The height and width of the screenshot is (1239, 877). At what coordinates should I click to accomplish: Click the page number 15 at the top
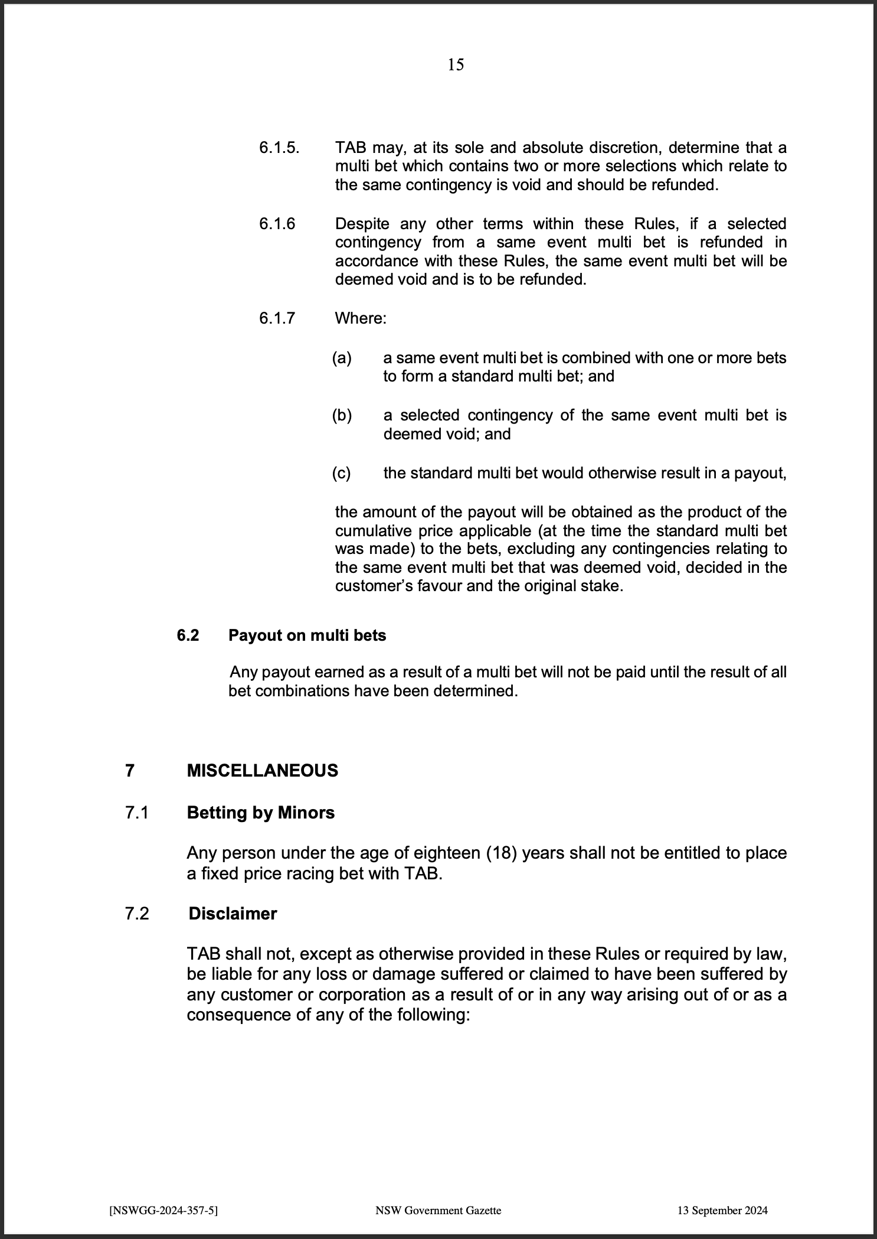pyautogui.click(x=456, y=65)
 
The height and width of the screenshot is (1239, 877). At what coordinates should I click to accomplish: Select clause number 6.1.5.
pyautogui.click(x=279, y=148)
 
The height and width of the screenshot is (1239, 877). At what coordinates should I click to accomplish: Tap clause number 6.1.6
pyautogui.click(x=277, y=224)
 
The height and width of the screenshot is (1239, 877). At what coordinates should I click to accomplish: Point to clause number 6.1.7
pyautogui.click(x=277, y=319)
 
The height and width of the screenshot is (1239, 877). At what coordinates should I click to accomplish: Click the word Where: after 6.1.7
pyautogui.click(x=361, y=319)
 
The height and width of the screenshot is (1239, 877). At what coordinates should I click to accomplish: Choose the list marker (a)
pyautogui.click(x=342, y=358)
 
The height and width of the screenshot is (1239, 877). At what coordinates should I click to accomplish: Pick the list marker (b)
pyautogui.click(x=342, y=415)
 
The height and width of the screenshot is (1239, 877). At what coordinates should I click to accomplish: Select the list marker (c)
pyautogui.click(x=341, y=473)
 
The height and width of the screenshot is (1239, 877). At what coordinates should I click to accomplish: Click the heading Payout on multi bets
pyautogui.click(x=307, y=635)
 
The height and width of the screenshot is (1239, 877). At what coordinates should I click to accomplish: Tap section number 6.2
pyautogui.click(x=188, y=635)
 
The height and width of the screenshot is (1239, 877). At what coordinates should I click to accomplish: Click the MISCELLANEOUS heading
pyautogui.click(x=263, y=771)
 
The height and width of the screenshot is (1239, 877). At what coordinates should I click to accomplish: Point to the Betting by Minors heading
pyautogui.click(x=260, y=813)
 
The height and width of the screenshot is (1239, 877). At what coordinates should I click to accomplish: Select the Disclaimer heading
pyautogui.click(x=233, y=914)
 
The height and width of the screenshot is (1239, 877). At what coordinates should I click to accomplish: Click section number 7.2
pyautogui.click(x=137, y=914)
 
